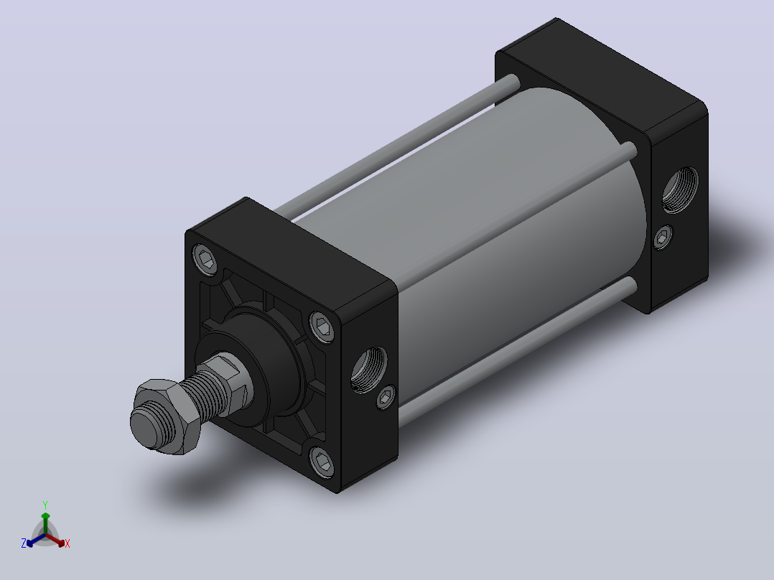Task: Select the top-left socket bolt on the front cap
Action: click(x=206, y=258)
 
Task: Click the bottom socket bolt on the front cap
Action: click(x=322, y=461)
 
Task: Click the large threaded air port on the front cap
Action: click(x=369, y=369)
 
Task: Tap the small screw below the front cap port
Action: click(x=386, y=397)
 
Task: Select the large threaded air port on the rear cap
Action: click(x=680, y=190)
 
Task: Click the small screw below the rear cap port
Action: click(x=663, y=238)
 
